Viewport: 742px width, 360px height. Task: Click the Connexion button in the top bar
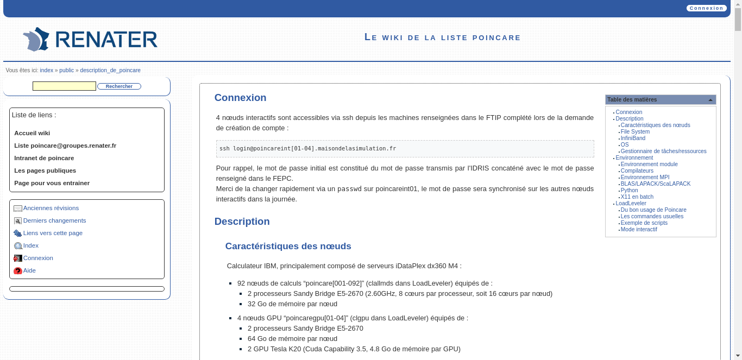point(706,8)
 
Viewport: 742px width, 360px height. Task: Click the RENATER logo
point(90,40)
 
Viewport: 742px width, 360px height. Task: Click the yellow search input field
point(64,86)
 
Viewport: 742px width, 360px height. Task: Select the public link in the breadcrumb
point(66,71)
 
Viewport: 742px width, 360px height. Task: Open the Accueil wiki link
point(32,133)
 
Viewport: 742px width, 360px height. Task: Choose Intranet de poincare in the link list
point(44,158)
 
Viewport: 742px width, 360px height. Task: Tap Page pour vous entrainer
point(52,183)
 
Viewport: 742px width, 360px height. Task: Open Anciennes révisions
point(51,208)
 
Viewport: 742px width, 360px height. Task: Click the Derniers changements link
point(54,220)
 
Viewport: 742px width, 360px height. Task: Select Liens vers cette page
point(53,233)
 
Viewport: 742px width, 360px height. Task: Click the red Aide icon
point(18,271)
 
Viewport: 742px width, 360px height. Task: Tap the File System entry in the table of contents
point(635,131)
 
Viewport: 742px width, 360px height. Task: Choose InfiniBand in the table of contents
point(633,138)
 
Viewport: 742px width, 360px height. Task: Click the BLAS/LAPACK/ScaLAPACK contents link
point(655,184)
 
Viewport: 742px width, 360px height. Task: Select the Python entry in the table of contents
point(629,190)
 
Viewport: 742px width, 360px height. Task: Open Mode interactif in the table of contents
point(638,229)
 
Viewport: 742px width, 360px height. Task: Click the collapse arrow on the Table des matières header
point(710,100)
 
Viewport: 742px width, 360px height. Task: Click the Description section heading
point(242,222)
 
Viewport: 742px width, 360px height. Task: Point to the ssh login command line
point(307,148)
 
